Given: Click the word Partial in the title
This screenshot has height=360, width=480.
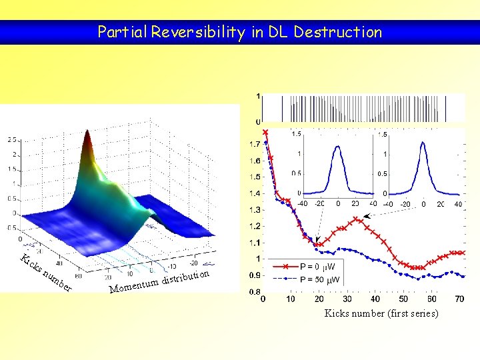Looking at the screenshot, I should tap(122, 32).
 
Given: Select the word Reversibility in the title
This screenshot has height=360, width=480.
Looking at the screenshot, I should tap(198, 32).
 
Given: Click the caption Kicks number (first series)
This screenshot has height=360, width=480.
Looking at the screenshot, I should tap(381, 313).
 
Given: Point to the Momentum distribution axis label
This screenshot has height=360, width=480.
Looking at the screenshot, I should tap(161, 281).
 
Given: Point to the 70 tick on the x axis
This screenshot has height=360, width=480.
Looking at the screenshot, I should tap(459, 300).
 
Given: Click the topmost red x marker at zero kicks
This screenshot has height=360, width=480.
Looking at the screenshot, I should tap(265, 132).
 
